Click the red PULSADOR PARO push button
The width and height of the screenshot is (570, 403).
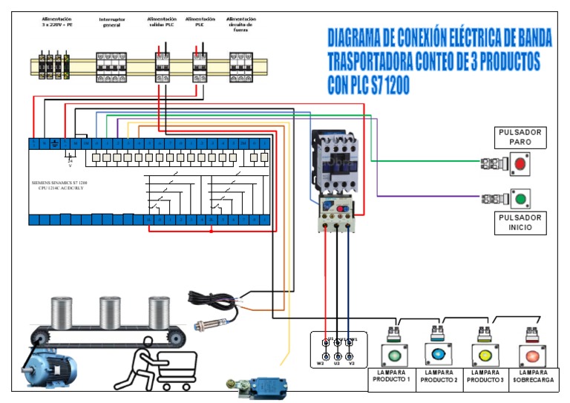pyautogui.click(x=520, y=163)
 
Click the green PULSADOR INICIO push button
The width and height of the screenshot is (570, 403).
pyautogui.click(x=520, y=198)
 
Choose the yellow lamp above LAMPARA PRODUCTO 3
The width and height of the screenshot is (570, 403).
pyautogui.click(x=485, y=353)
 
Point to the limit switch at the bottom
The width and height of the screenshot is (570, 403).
pyautogui.click(x=260, y=386)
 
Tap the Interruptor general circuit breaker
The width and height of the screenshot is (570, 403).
pyautogui.click(x=111, y=66)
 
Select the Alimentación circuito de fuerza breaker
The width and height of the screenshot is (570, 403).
pyautogui.click(x=240, y=67)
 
